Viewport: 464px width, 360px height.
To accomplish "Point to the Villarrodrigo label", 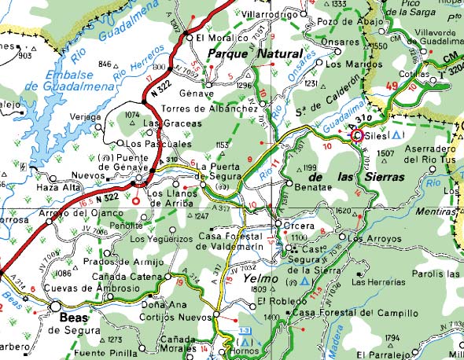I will (272, 14).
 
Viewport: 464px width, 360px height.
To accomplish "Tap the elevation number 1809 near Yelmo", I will (260, 290).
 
